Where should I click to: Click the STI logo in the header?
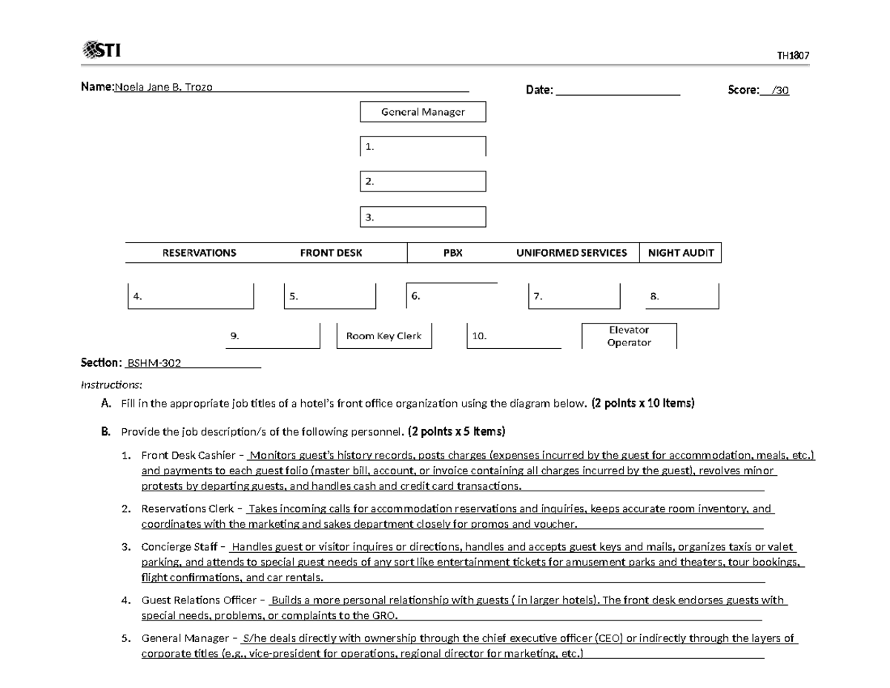coord(101,50)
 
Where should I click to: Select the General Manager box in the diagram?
coord(423,112)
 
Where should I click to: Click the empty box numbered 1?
coord(423,146)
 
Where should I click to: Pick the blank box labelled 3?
coord(423,217)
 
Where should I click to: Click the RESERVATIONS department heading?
coord(199,253)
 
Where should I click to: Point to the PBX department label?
coord(452,253)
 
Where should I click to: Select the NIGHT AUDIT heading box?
coord(680,253)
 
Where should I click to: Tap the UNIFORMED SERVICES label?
coord(571,253)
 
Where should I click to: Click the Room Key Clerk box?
coord(383,335)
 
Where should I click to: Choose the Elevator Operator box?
coord(629,336)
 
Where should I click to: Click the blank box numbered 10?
coord(513,336)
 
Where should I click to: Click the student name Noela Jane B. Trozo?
coord(162,88)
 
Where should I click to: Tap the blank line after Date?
coord(617,91)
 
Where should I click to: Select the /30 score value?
coord(779,91)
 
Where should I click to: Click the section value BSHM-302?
coord(154,363)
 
